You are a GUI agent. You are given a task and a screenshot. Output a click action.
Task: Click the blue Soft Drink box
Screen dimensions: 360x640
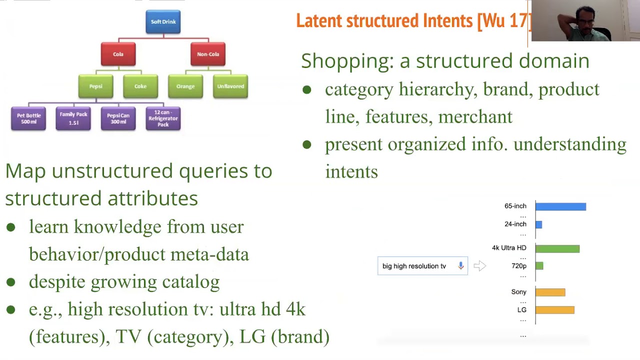click(x=163, y=22)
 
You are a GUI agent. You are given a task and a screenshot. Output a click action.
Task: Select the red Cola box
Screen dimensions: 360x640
click(x=118, y=54)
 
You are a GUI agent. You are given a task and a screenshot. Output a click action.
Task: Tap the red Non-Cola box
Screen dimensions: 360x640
click(x=208, y=54)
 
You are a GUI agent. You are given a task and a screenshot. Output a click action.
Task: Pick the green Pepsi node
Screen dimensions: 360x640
click(x=95, y=86)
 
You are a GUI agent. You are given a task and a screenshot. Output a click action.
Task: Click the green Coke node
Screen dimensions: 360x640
click(x=140, y=86)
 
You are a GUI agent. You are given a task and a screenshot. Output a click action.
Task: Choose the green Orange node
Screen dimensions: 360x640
click(x=185, y=86)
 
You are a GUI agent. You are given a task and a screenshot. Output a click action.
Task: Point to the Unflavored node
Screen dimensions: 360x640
click(x=230, y=86)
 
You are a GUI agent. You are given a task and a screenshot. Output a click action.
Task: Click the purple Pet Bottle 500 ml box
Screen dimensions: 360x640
click(x=28, y=118)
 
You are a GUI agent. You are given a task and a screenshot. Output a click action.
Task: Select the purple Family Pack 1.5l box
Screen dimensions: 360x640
click(x=73, y=118)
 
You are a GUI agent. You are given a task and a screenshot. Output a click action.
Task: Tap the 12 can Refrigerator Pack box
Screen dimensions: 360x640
click(x=163, y=118)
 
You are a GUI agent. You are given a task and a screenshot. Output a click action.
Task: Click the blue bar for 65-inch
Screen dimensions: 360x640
click(x=560, y=206)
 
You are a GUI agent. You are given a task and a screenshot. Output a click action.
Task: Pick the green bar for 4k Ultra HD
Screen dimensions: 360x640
click(x=557, y=248)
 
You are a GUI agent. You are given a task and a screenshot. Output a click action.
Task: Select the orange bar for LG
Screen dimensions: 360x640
click(x=555, y=310)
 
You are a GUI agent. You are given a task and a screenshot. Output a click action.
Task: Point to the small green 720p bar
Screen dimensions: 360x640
click(x=539, y=266)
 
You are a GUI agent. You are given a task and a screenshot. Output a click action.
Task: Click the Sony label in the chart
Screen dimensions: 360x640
click(x=518, y=292)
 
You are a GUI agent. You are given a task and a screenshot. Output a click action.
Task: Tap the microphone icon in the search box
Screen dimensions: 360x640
click(x=461, y=265)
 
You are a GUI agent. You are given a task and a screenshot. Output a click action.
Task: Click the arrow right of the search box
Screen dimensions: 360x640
click(x=479, y=266)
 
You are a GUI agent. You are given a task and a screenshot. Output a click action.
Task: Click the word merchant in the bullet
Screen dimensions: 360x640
click(x=475, y=117)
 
